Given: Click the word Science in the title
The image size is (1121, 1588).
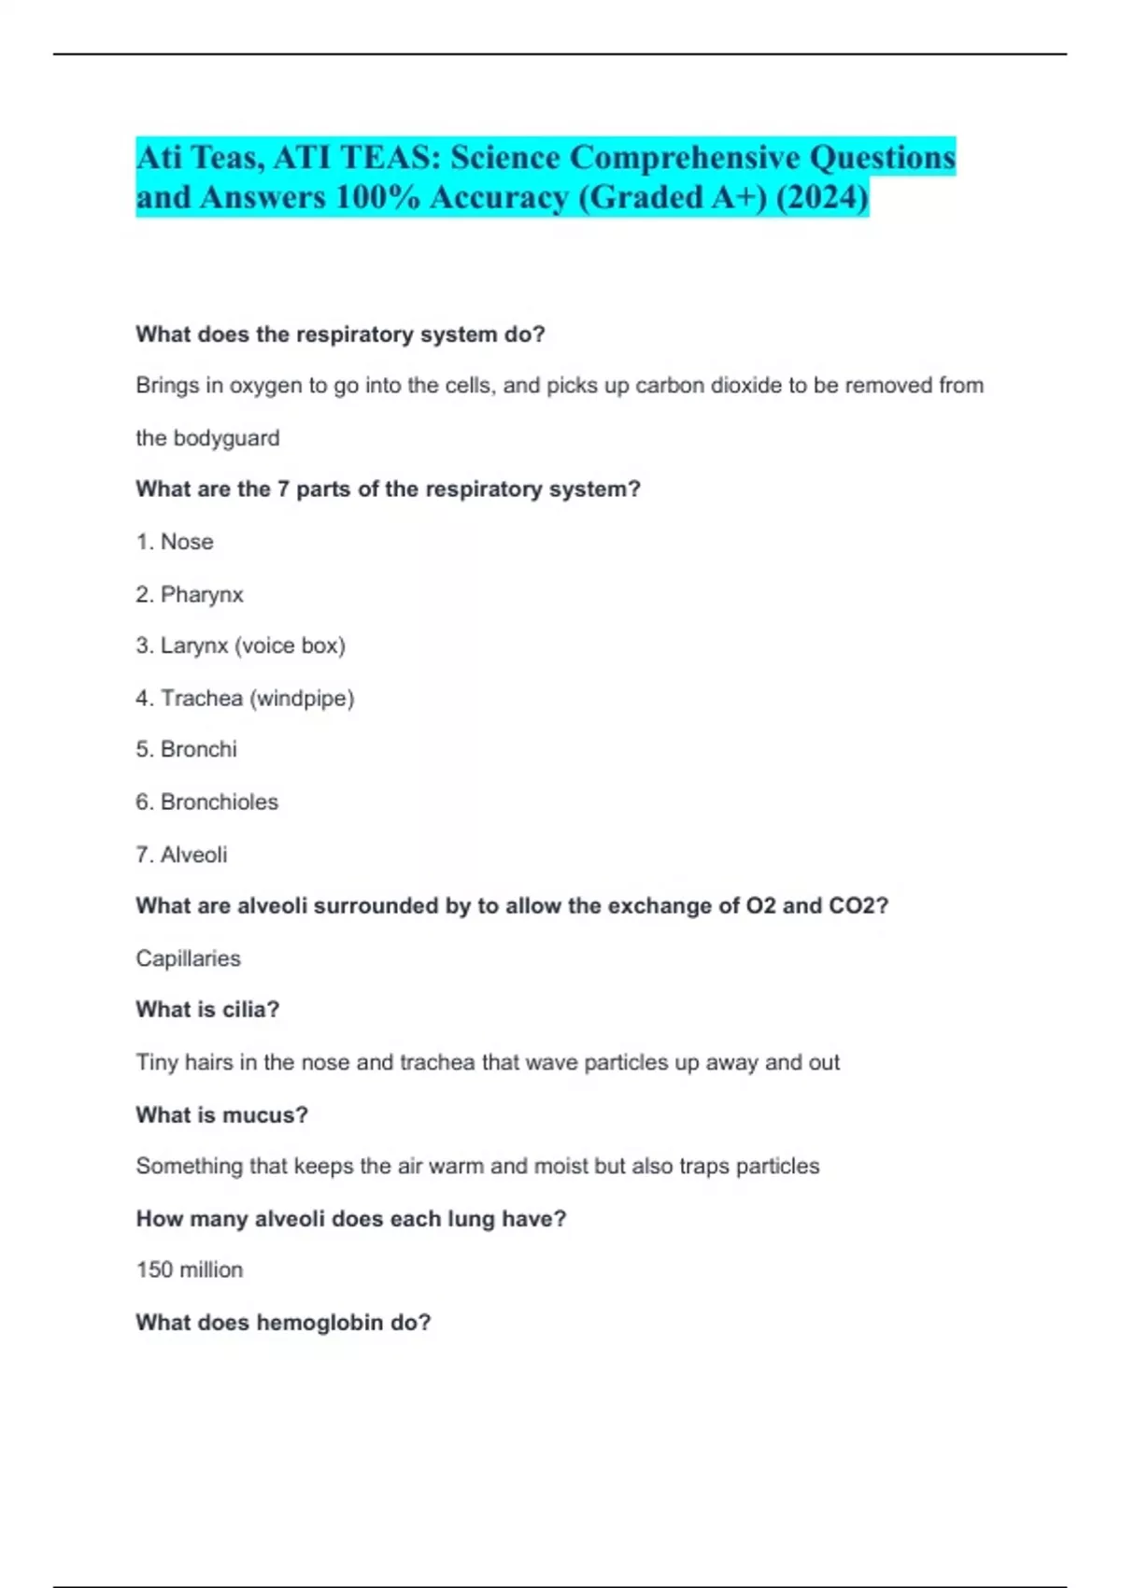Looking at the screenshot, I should point(505,157).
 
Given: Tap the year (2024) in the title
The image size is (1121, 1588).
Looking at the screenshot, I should point(822,197).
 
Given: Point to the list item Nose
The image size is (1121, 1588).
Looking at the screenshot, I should point(187,542).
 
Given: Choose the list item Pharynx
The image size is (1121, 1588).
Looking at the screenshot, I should point(202,595).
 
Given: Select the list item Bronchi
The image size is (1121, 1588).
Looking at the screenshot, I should point(198,749).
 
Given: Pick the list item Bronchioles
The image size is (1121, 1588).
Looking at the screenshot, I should point(219,801).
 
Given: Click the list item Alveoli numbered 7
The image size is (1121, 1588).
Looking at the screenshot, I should point(193,855).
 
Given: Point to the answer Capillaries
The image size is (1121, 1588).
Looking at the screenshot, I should point(188,958).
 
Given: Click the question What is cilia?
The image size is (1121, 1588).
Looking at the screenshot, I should point(207,1010).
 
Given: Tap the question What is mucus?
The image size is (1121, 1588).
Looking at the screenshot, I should point(221,1114).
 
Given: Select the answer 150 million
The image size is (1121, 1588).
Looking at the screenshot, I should point(190,1269).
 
